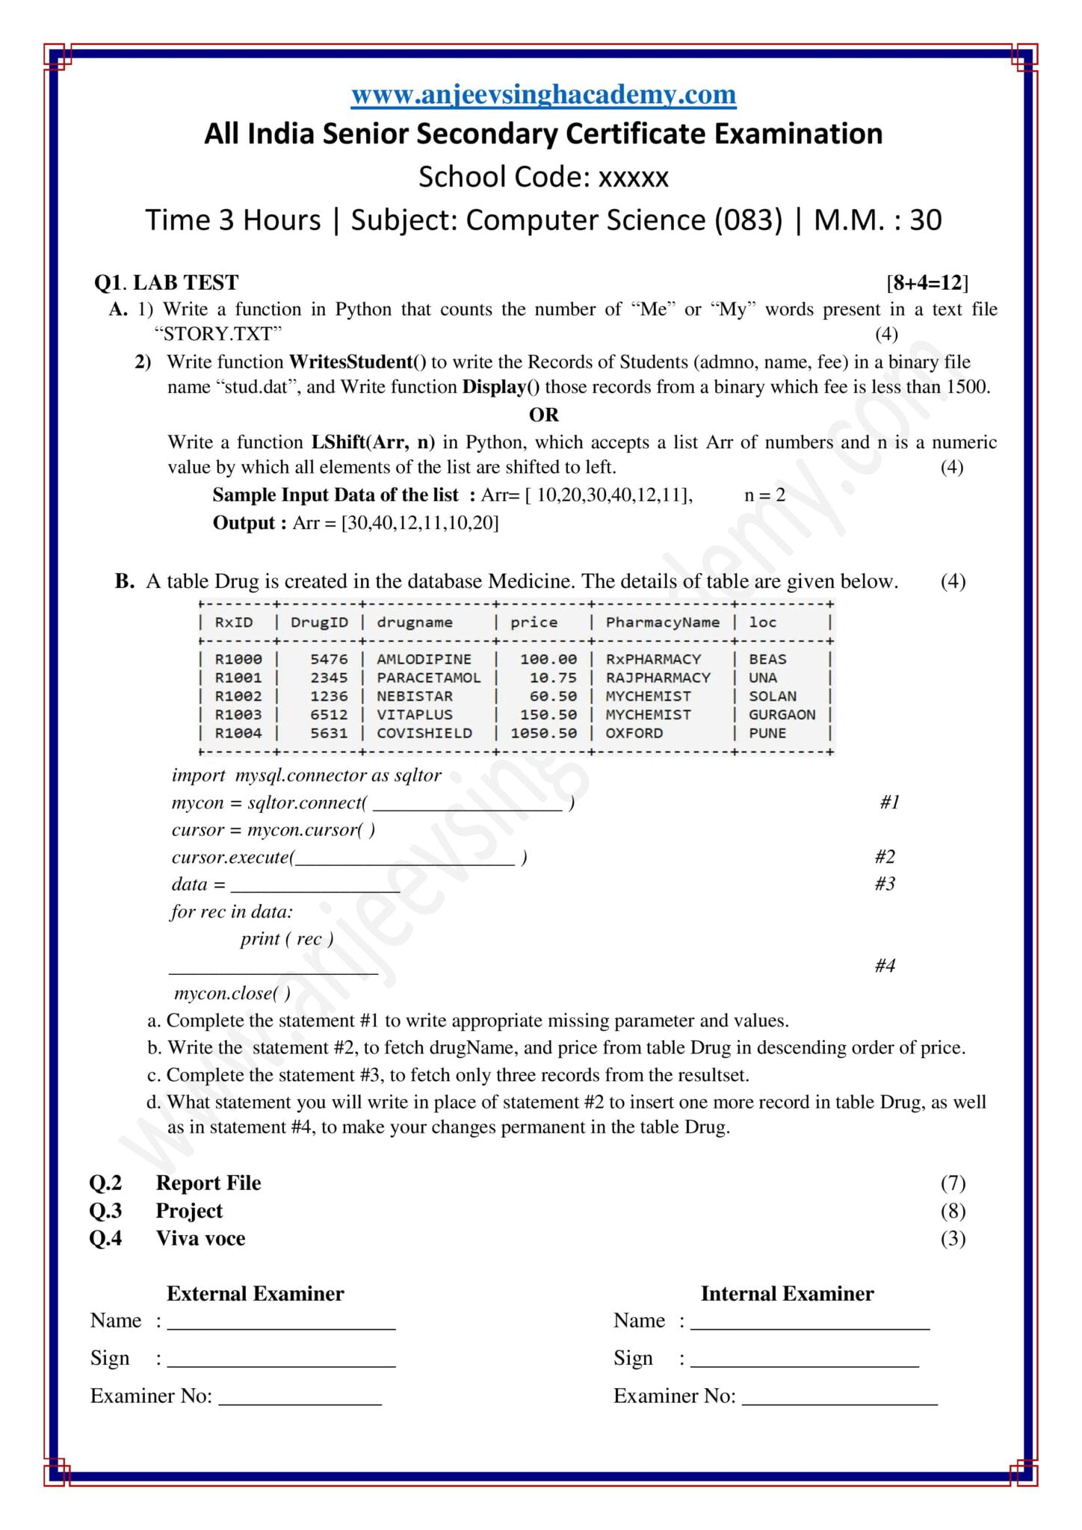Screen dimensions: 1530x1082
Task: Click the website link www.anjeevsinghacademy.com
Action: click(543, 95)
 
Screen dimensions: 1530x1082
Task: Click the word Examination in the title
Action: click(798, 134)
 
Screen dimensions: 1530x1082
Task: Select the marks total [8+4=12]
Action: click(927, 282)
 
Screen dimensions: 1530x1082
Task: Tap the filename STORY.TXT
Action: click(222, 334)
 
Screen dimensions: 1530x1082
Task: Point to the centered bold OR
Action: click(543, 415)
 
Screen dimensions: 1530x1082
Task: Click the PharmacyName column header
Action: click(662, 622)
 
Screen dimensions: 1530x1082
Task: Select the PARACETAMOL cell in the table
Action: click(428, 678)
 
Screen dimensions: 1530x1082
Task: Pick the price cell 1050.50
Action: click(543, 733)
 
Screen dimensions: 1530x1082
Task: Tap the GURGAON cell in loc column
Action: click(782, 714)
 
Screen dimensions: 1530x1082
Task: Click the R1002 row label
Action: click(238, 696)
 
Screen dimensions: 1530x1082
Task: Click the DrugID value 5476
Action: click(329, 659)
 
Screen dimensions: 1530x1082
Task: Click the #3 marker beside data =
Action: click(885, 884)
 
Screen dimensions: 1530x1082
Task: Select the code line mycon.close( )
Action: click(232, 994)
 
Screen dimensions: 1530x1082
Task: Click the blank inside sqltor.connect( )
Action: click(467, 805)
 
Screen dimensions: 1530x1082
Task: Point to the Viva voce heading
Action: click(200, 1239)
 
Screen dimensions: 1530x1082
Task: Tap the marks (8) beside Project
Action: click(953, 1211)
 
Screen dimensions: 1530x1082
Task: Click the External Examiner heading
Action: click(255, 1294)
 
